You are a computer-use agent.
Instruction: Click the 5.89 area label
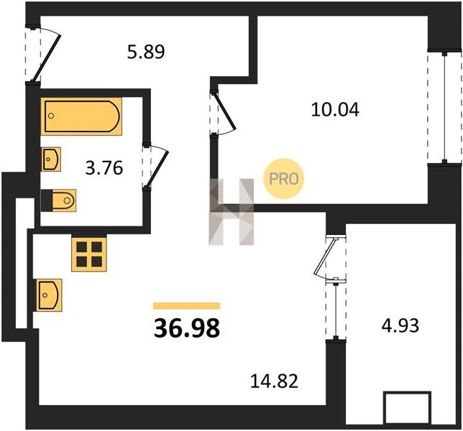tap(146, 52)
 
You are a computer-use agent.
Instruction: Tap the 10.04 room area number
tap(335, 110)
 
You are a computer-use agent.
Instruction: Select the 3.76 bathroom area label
tap(104, 168)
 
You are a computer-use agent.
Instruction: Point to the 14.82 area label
tap(274, 381)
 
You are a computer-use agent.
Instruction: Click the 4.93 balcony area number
tap(400, 325)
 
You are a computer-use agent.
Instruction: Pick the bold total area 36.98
tap(187, 328)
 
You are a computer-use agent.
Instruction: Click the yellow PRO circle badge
tap(284, 178)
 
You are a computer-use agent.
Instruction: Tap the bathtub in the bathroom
tap(81, 116)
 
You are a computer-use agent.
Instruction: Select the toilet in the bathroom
tap(58, 200)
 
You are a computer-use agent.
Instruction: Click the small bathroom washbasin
tap(51, 159)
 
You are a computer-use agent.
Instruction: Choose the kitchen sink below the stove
tap(49, 295)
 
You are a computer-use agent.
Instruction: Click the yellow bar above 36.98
tap(187, 306)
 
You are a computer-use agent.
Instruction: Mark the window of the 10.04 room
tap(444, 107)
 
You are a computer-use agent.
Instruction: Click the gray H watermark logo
tap(232, 212)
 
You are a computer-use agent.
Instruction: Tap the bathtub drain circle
tap(51, 116)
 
